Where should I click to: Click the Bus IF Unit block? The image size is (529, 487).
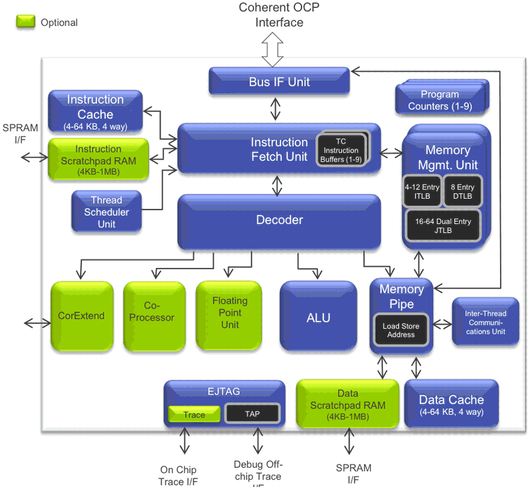tap(279, 81)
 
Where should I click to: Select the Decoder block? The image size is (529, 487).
tap(279, 221)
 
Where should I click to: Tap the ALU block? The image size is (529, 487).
tap(318, 318)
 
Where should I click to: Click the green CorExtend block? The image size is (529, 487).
tap(81, 316)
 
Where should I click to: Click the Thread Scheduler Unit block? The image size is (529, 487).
tap(106, 212)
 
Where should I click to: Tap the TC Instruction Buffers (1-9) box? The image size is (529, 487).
tap(341, 150)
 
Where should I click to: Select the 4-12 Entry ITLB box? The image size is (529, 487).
tap(421, 191)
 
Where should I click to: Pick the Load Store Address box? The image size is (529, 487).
tap(401, 330)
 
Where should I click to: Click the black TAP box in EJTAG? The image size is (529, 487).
tap(252, 414)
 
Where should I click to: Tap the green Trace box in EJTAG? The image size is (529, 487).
tap(193, 414)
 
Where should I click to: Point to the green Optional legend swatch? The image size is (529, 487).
tap(25, 22)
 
